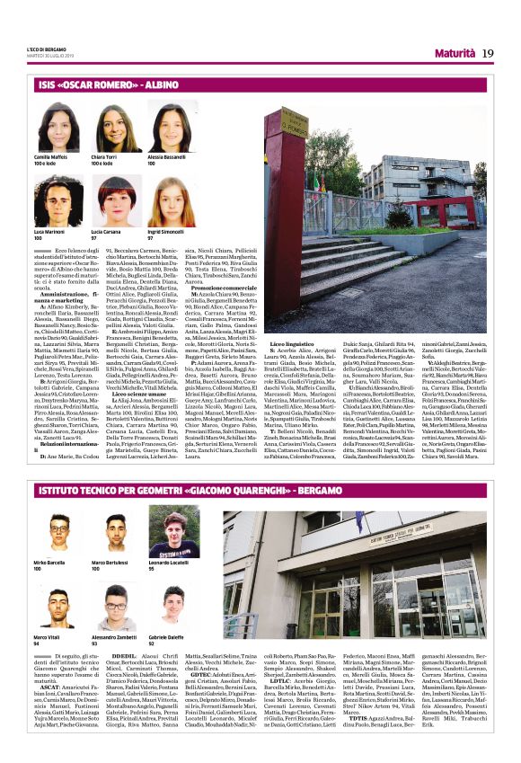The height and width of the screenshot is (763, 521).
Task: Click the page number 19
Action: pyautogui.click(x=488, y=53)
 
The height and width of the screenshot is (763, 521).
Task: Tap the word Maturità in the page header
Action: pyautogui.click(x=448, y=54)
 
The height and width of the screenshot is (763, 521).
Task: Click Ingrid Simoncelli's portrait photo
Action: pyautogui.click(x=169, y=203)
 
